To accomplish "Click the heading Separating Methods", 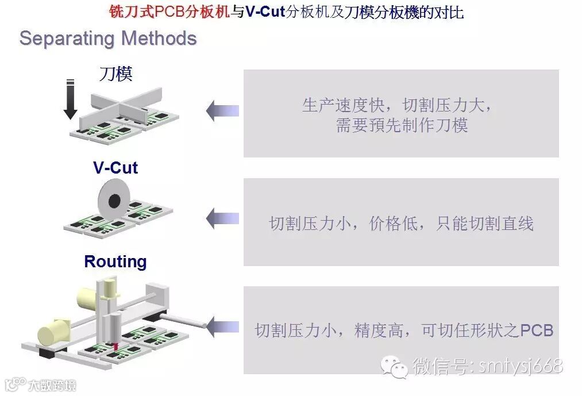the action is pos(108,39).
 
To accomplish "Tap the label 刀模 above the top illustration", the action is pos(116,74).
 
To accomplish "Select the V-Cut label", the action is pos(115,168).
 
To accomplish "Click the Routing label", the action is pos(115,262).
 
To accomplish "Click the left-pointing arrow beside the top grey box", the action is pos(222,110).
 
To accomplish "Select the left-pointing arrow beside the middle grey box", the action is pos(222,218).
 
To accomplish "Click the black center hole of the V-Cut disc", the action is pos(114,200).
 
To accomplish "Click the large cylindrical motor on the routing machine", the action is pos(53,332).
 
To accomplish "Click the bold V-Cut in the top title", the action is pos(265,11).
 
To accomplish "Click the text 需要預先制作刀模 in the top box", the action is pos(402,125).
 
